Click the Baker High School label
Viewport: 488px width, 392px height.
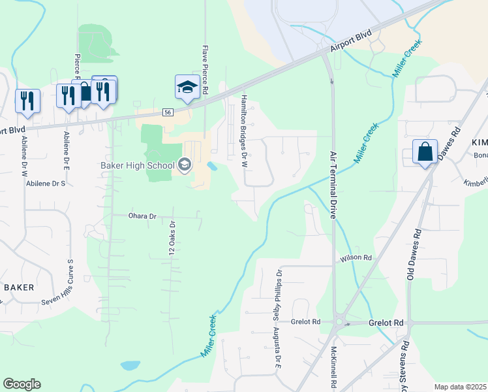point(137,165)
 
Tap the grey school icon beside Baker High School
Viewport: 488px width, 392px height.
point(185,165)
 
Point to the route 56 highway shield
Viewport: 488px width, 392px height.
point(168,112)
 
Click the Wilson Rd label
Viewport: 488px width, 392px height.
point(356,259)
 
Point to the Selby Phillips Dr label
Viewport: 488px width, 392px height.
point(279,290)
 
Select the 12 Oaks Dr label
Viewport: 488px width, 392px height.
point(173,238)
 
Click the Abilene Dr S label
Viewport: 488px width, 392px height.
point(46,184)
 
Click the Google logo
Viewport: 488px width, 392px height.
point(22,384)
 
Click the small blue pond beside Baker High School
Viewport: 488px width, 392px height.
point(212,166)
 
